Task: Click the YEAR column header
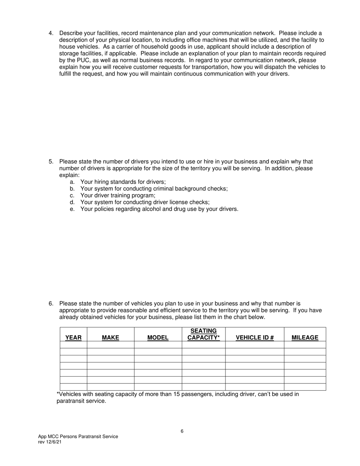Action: (73, 338)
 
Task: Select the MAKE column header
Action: (110, 338)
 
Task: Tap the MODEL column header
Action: (158, 338)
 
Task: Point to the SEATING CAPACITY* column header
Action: (203, 334)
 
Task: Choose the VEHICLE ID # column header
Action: (255, 338)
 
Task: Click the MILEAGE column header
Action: (305, 338)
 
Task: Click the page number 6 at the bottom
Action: (182, 431)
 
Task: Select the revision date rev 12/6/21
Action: (50, 442)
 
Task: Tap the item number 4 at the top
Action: (51, 33)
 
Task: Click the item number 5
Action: (51, 161)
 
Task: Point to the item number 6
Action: (51, 303)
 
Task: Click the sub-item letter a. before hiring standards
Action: (72, 182)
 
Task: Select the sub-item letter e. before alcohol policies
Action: (72, 209)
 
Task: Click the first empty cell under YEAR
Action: (73, 344)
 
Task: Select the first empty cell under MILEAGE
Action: (305, 344)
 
